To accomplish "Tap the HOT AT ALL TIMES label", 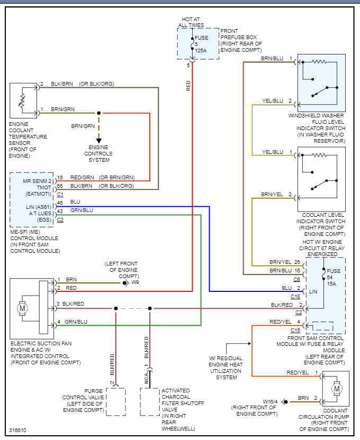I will point(191,22).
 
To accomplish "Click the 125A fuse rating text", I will point(201,50).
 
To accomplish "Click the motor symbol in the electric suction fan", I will point(22,307).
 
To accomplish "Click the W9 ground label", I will point(135,282).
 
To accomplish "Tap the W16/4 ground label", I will point(270,401).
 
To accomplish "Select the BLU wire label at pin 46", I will point(75,203).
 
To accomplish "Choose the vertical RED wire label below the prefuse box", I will point(188,86).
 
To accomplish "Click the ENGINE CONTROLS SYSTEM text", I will point(98,153).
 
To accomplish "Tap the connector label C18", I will point(295,296).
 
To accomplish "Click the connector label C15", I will point(295,329).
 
